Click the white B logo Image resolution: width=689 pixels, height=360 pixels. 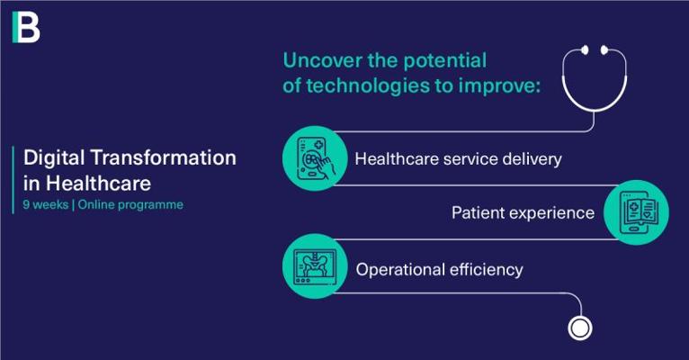26,27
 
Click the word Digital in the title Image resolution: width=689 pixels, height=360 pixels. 54,158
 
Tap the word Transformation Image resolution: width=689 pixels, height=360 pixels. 164,157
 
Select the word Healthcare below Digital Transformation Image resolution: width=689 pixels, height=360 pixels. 98,183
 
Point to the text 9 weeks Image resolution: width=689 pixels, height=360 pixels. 46,205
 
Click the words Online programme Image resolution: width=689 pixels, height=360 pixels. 130,205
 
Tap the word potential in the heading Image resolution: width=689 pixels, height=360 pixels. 444,61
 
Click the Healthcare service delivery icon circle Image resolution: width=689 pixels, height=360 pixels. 315,158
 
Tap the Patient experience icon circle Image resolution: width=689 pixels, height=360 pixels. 636,212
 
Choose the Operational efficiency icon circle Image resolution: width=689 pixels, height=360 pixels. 315,266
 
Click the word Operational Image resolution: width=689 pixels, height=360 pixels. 400,270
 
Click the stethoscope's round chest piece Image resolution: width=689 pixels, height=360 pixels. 580,328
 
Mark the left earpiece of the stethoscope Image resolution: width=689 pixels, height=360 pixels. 585,50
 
